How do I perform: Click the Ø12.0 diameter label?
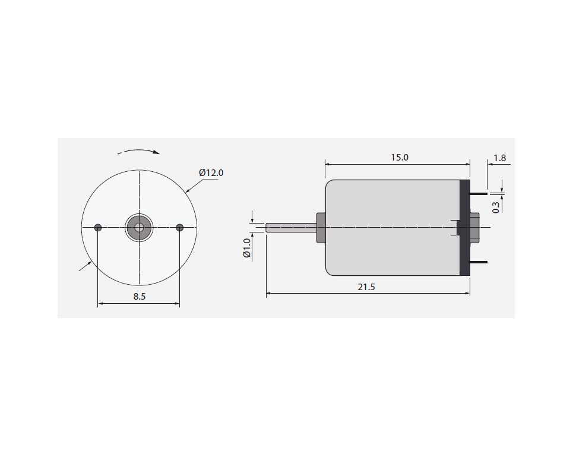(x=211, y=173)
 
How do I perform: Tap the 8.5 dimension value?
(x=139, y=297)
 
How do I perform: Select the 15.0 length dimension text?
(x=400, y=158)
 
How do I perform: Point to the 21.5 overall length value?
(x=366, y=287)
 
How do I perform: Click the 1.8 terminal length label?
(x=499, y=158)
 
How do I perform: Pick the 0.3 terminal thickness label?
(x=496, y=207)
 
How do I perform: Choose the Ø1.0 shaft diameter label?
(x=246, y=248)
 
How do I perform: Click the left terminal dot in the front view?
(x=98, y=228)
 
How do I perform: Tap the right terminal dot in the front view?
(x=179, y=228)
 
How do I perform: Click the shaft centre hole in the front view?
(x=139, y=228)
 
